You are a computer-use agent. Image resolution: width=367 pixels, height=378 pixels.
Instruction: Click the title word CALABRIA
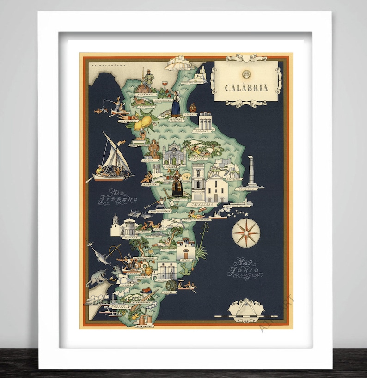point(246,88)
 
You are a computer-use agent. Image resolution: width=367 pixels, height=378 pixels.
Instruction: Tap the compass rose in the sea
point(246,233)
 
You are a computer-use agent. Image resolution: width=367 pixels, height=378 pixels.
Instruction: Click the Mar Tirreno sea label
point(117,197)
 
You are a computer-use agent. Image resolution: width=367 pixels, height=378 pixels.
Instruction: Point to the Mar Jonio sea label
point(245,268)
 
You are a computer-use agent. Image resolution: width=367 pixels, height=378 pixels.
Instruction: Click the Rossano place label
point(204,131)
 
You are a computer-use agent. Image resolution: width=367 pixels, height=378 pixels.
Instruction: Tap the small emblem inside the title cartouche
point(246,73)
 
